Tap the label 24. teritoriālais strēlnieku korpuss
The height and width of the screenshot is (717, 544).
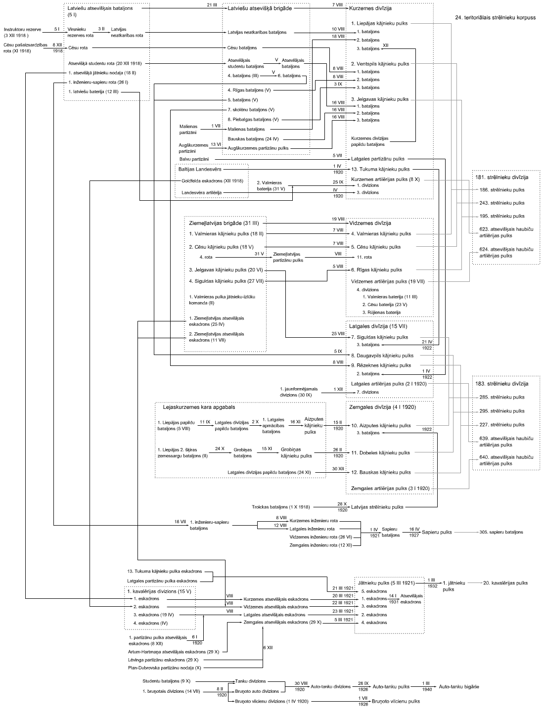495,17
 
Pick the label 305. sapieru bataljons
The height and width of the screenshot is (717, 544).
501,532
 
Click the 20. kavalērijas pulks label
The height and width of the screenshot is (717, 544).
505,583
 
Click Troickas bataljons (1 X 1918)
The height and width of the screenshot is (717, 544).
274,507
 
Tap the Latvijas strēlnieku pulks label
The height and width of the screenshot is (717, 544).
377,507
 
